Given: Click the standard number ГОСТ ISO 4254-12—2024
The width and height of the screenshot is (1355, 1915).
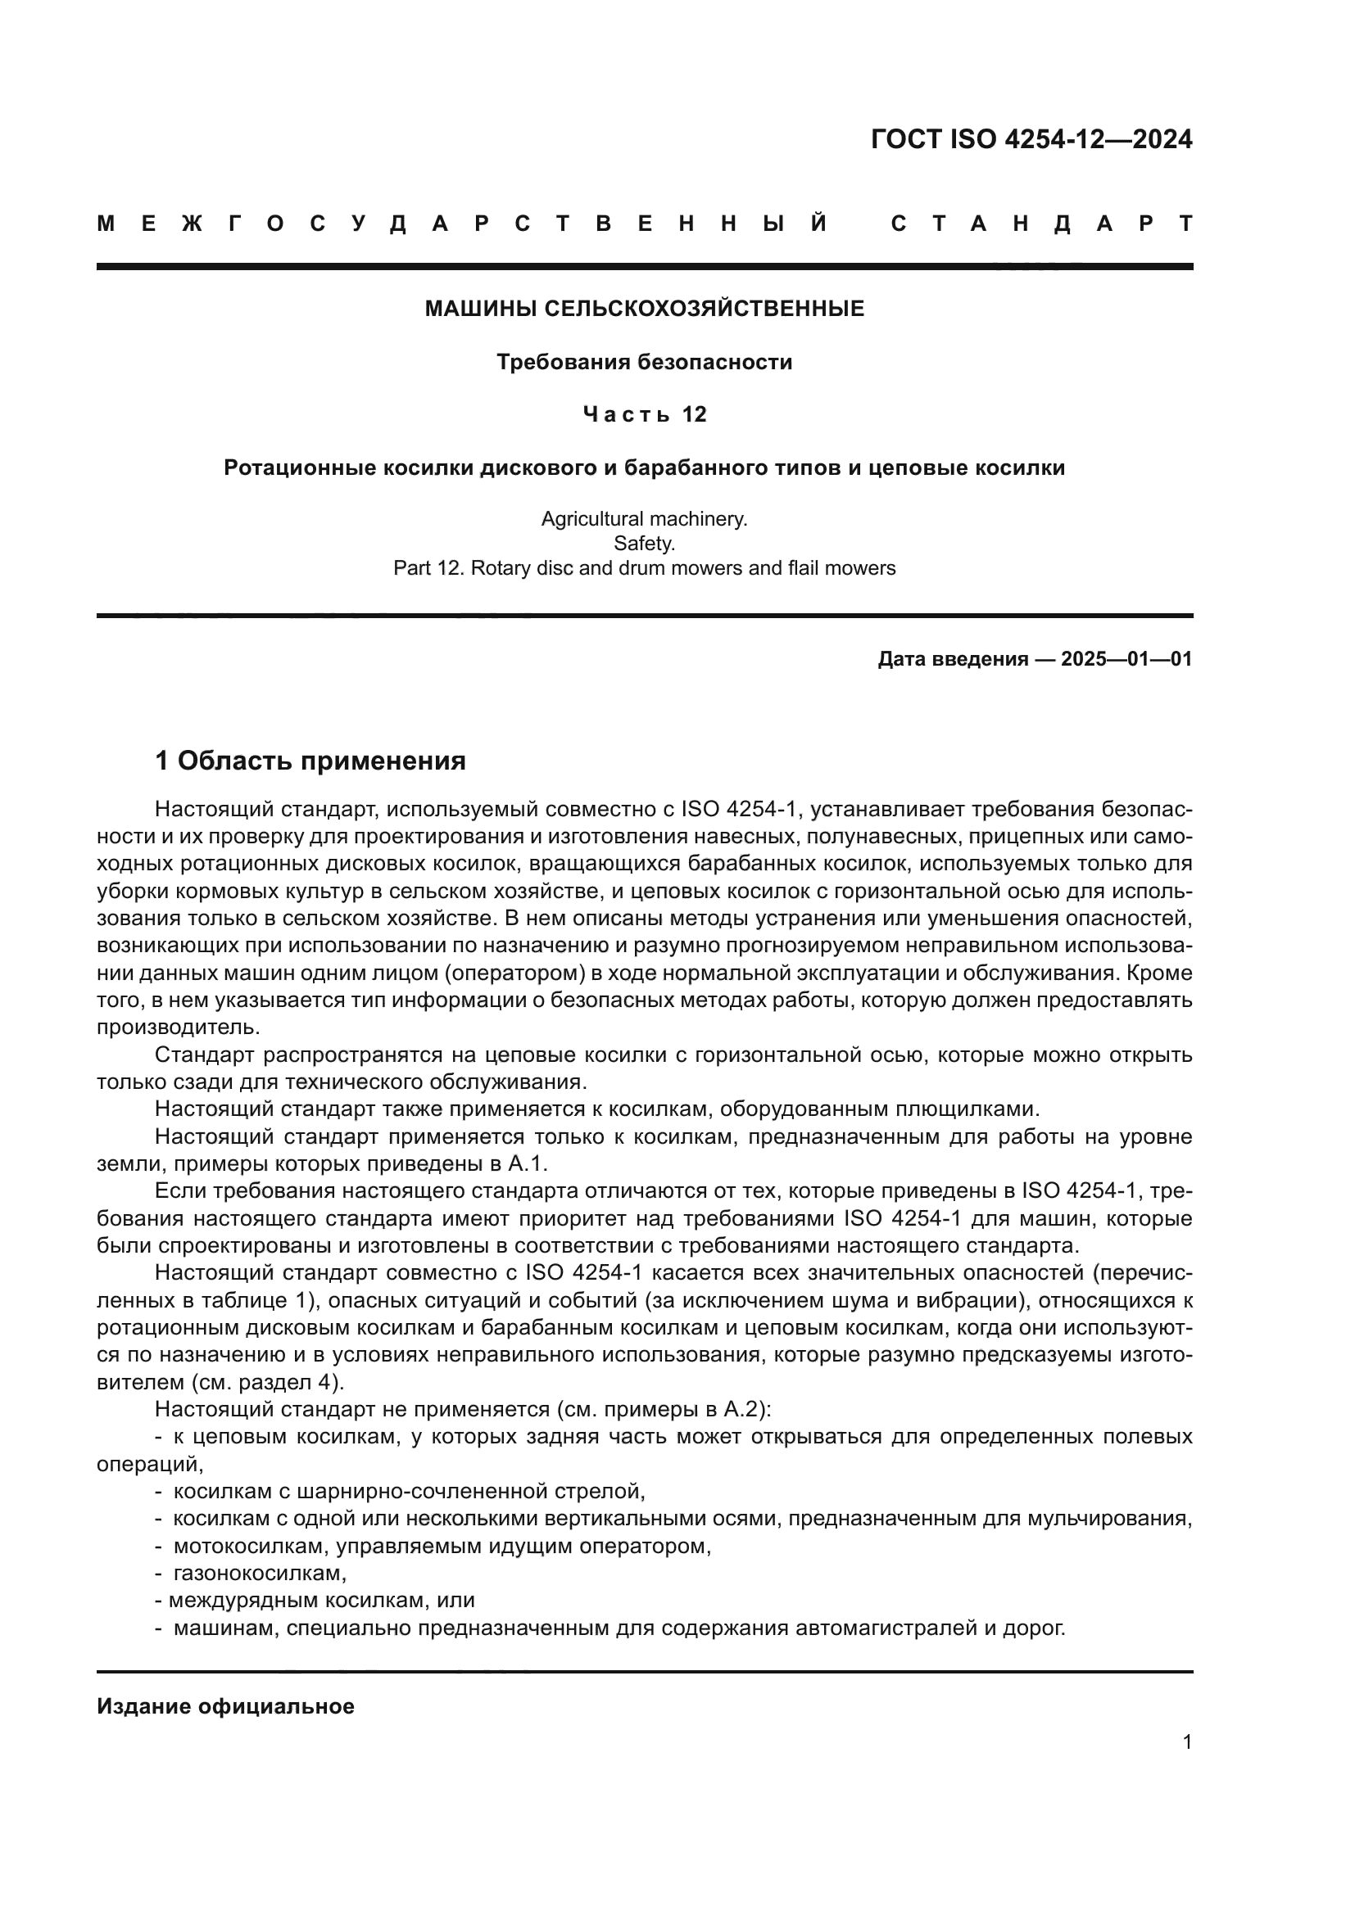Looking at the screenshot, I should coord(1031,139).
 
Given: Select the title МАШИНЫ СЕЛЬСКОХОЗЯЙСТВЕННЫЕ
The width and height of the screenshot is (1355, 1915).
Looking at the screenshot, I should coord(644,309).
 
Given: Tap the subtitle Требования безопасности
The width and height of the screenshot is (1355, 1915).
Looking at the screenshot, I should coord(644,362).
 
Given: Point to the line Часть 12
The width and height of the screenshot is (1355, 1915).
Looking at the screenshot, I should coord(644,414).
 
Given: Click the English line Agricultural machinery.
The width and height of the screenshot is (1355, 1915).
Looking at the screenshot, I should coord(644,519).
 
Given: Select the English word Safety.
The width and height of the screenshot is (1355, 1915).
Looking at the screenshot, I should coord(644,544).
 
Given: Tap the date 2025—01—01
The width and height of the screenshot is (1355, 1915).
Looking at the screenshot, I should coord(1126,660).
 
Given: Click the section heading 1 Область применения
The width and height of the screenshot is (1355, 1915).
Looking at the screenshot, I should coord(310,761).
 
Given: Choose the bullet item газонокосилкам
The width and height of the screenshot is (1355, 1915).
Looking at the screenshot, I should coord(260,1573).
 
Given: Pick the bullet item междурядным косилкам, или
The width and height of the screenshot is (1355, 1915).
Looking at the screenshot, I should coord(321,1601).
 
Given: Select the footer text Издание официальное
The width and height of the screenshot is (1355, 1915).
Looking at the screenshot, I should coord(225,1706).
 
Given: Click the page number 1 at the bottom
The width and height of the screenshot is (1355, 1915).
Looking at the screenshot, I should coord(1186,1742).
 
